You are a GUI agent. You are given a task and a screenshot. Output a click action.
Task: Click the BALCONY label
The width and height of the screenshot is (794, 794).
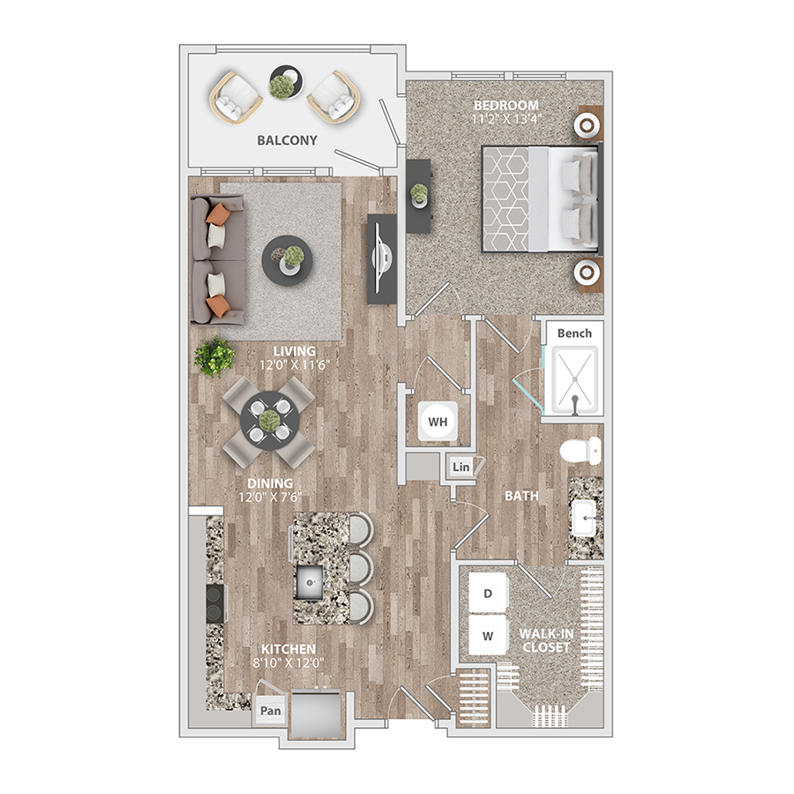click(287, 140)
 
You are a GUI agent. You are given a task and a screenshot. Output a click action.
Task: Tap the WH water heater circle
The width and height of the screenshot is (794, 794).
click(438, 422)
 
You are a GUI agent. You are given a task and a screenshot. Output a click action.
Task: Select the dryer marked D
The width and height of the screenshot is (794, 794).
click(488, 593)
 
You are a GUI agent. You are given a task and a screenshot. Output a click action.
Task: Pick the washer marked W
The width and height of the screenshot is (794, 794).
click(488, 635)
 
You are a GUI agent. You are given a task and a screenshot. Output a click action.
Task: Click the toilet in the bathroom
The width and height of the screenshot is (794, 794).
click(581, 450)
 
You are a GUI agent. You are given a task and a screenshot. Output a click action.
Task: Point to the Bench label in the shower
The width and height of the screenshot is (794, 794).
click(574, 333)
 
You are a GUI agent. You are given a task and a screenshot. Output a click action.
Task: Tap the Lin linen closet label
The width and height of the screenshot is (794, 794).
click(461, 467)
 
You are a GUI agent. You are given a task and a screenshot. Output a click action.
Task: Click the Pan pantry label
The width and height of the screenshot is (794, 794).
click(271, 710)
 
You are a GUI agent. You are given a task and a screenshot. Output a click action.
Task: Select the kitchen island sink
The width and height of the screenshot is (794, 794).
click(310, 582)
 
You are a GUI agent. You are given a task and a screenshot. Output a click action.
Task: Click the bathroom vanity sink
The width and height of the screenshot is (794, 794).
click(584, 518)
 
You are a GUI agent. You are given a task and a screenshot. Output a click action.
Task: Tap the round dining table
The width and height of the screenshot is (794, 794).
click(269, 421)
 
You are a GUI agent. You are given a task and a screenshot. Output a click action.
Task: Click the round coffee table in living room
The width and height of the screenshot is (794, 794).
click(287, 261)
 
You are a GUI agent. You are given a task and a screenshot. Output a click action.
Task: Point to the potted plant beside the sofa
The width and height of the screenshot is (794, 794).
click(214, 357)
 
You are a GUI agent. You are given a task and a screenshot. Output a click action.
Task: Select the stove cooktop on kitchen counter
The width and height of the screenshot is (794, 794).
click(215, 603)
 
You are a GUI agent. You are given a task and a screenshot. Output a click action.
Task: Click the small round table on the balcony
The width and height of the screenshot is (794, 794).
click(287, 82)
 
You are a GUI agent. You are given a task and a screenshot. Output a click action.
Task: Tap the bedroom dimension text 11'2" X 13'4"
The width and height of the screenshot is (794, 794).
click(506, 119)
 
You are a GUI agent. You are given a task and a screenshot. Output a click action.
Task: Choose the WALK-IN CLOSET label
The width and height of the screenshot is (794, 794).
click(546, 640)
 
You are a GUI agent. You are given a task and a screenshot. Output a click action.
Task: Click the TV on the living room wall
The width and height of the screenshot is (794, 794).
click(381, 258)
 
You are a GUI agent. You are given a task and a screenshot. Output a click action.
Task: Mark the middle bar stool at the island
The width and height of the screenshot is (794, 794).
click(361, 569)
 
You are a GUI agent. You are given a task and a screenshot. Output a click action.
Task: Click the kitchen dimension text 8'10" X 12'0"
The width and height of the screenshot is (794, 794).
click(288, 663)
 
